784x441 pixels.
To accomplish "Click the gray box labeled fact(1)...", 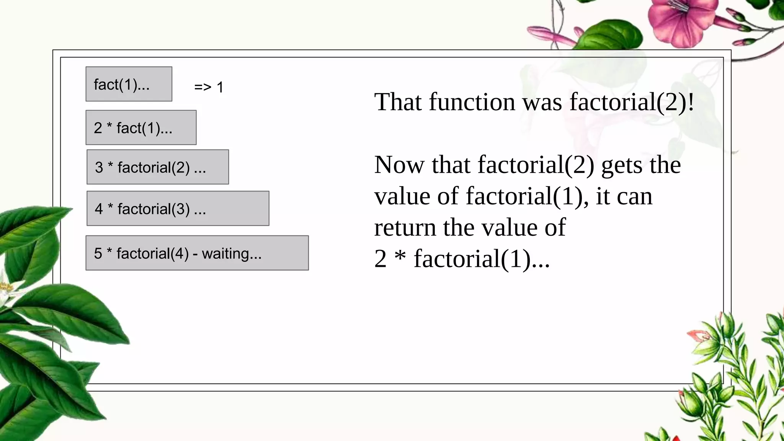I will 129,84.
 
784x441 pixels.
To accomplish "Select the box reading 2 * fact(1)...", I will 141,127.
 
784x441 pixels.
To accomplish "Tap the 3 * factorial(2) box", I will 158,167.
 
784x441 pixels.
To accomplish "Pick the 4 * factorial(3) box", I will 178,208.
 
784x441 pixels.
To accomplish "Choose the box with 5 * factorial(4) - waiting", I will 197,253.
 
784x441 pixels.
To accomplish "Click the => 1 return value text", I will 209,87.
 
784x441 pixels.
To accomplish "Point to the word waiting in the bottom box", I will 231,253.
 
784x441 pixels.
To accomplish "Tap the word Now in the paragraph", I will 399,165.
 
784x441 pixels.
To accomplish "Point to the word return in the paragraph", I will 405,228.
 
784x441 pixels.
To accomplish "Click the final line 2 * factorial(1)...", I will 462,259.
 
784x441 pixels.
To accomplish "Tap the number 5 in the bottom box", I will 98,253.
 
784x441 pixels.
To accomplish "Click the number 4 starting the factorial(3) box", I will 99,209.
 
